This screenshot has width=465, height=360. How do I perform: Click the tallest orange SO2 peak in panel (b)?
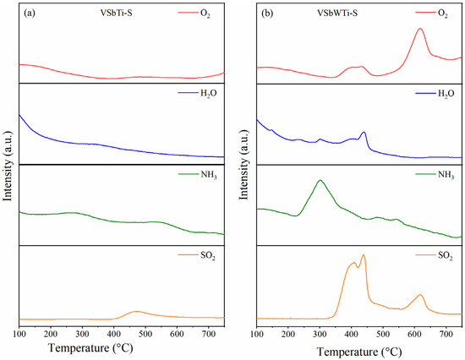[364, 255]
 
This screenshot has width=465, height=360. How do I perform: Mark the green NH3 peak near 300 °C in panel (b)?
[320, 181]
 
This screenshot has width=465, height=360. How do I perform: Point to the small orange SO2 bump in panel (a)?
[137, 312]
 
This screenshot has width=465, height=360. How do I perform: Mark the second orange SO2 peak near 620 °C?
[420, 294]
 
